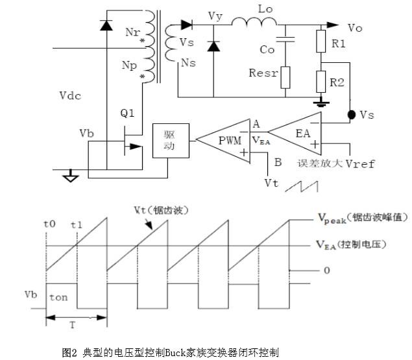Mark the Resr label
tap(263, 74)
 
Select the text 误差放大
tap(319, 163)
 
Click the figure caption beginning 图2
tap(170, 352)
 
